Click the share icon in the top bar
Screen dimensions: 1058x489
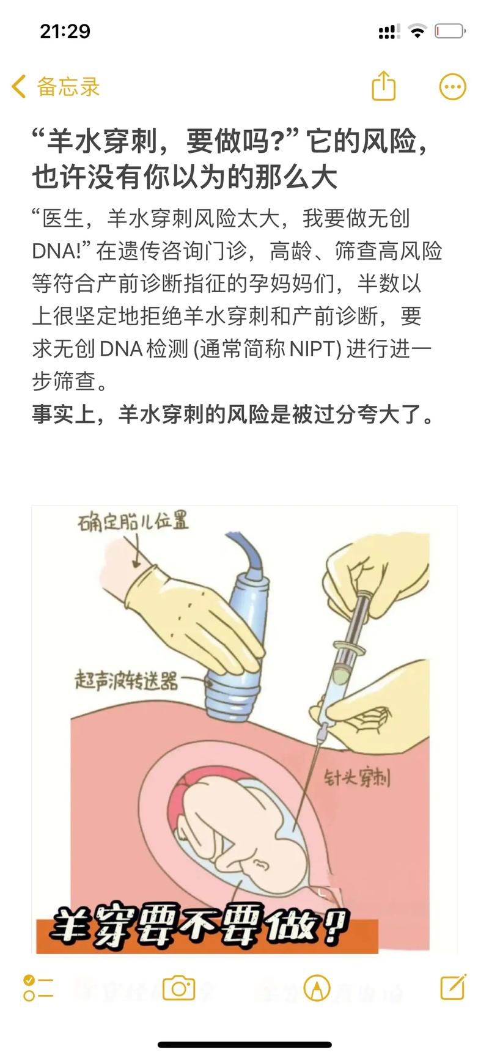(384, 86)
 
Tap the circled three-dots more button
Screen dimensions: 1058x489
(452, 87)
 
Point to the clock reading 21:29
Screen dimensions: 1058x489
(65, 31)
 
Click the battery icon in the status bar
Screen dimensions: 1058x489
(450, 31)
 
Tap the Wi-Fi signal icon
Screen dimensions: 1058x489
(417, 31)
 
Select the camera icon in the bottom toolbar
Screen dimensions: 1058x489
(178, 988)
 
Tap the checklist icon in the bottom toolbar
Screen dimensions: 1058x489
(38, 988)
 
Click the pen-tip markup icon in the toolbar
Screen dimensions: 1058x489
(317, 988)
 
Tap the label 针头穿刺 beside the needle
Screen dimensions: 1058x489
(356, 778)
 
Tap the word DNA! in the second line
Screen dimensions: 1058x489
(61, 251)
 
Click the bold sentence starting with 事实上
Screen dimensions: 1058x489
(233, 414)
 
